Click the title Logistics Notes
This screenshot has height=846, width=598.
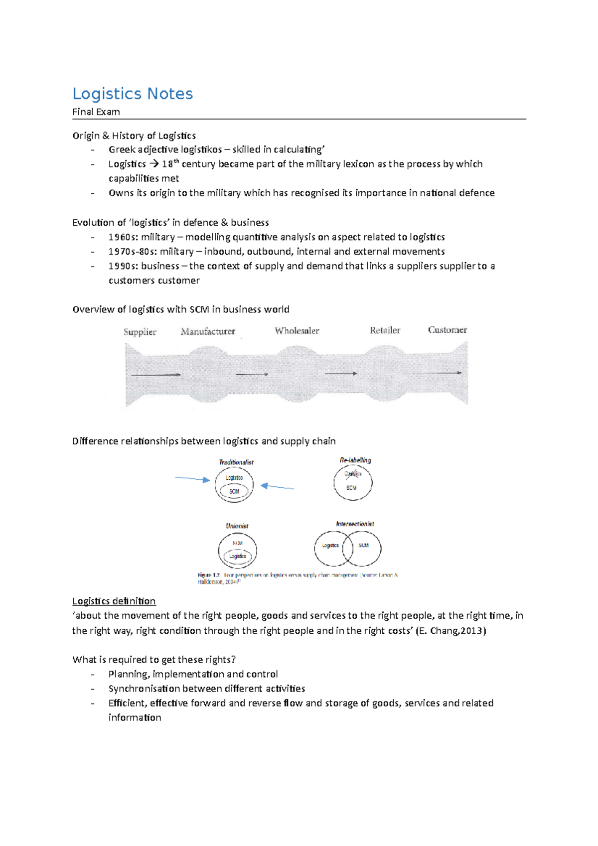(x=133, y=94)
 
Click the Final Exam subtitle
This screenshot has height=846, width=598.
(x=96, y=112)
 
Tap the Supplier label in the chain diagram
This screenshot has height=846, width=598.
(x=140, y=332)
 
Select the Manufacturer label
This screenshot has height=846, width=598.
(x=208, y=331)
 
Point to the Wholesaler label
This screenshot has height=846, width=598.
(x=297, y=330)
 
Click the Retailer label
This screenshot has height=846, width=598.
(x=385, y=330)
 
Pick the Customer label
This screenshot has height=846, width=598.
(x=447, y=330)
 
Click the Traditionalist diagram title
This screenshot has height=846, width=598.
(x=236, y=462)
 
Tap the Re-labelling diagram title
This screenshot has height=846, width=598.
(x=355, y=460)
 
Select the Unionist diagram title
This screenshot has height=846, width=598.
(x=237, y=526)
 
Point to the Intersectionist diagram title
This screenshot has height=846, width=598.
(x=355, y=524)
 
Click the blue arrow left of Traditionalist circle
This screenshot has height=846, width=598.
(x=192, y=479)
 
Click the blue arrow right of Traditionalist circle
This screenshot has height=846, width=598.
(x=278, y=487)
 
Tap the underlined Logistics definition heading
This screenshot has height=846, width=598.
(x=114, y=601)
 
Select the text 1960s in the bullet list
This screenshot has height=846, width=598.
(x=123, y=237)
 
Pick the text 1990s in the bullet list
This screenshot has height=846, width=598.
(x=123, y=266)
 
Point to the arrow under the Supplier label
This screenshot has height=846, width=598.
(x=155, y=374)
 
